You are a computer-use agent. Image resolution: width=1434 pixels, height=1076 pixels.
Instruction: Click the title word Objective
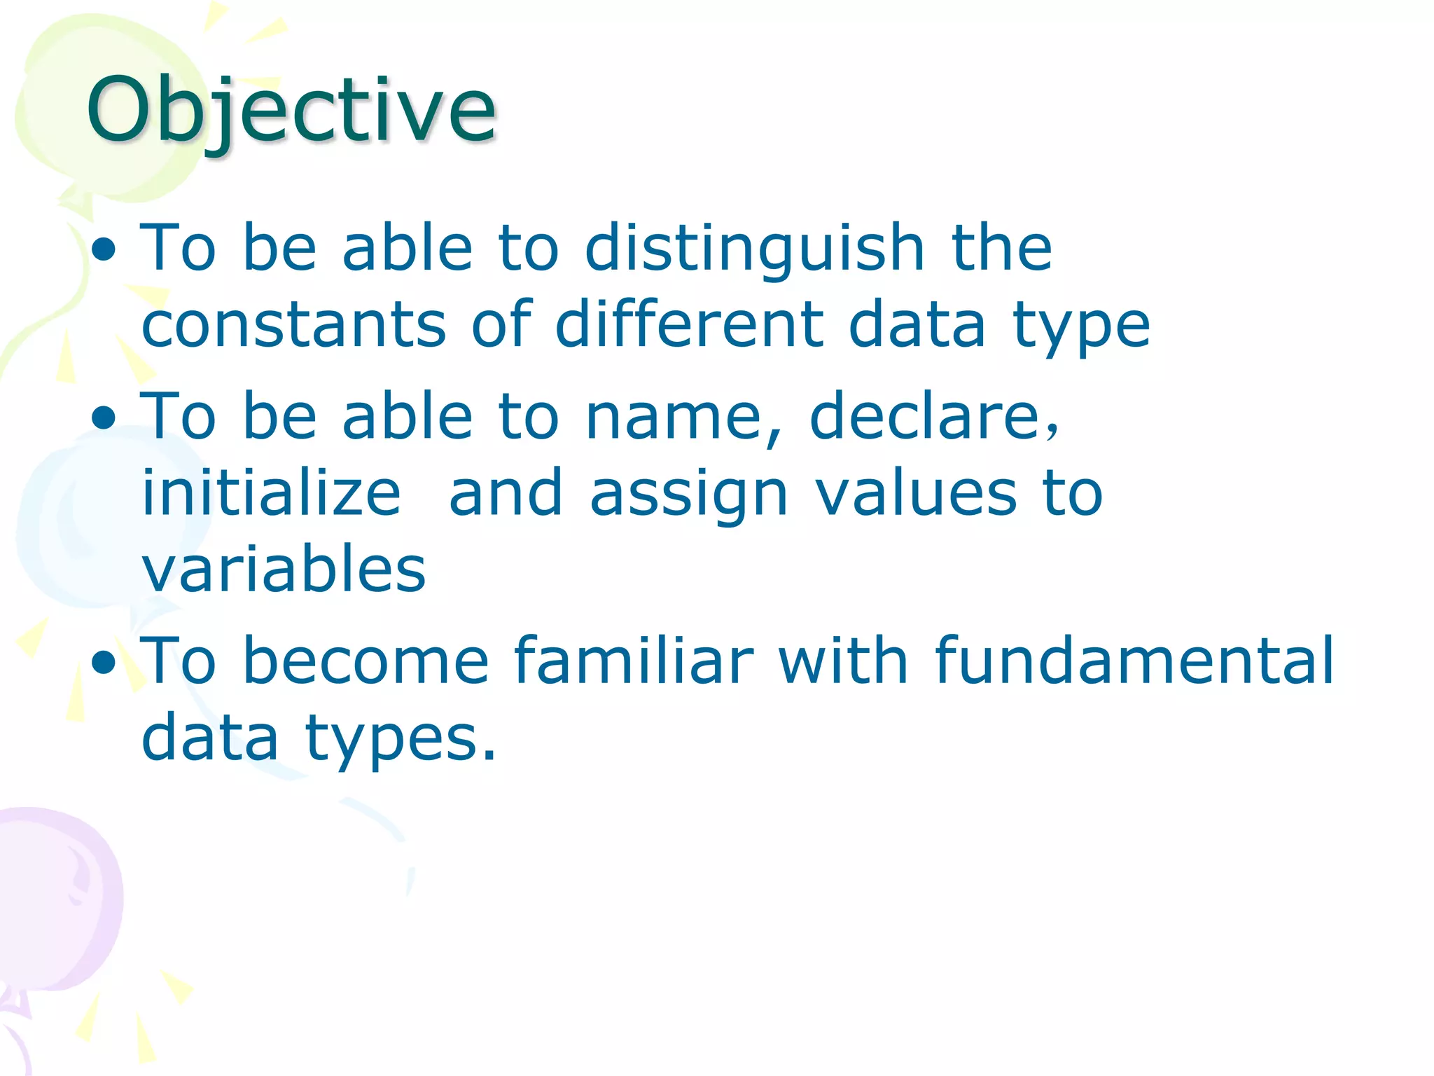tap(291, 111)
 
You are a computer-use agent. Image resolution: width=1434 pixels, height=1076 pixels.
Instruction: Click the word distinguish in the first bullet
tap(755, 249)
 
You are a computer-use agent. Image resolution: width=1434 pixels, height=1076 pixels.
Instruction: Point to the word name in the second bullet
tap(672, 418)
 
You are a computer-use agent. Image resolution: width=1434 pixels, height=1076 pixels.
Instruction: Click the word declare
tap(933, 418)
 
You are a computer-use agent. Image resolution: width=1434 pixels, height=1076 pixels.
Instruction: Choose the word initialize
tap(271, 494)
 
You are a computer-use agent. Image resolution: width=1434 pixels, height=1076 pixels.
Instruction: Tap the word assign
tap(689, 494)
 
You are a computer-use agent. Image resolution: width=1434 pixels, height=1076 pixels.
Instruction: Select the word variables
tap(284, 570)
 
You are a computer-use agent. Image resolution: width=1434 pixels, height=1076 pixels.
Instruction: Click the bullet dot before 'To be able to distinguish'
tap(104, 250)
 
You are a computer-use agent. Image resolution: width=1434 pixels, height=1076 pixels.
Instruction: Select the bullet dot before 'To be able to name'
tap(104, 419)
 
